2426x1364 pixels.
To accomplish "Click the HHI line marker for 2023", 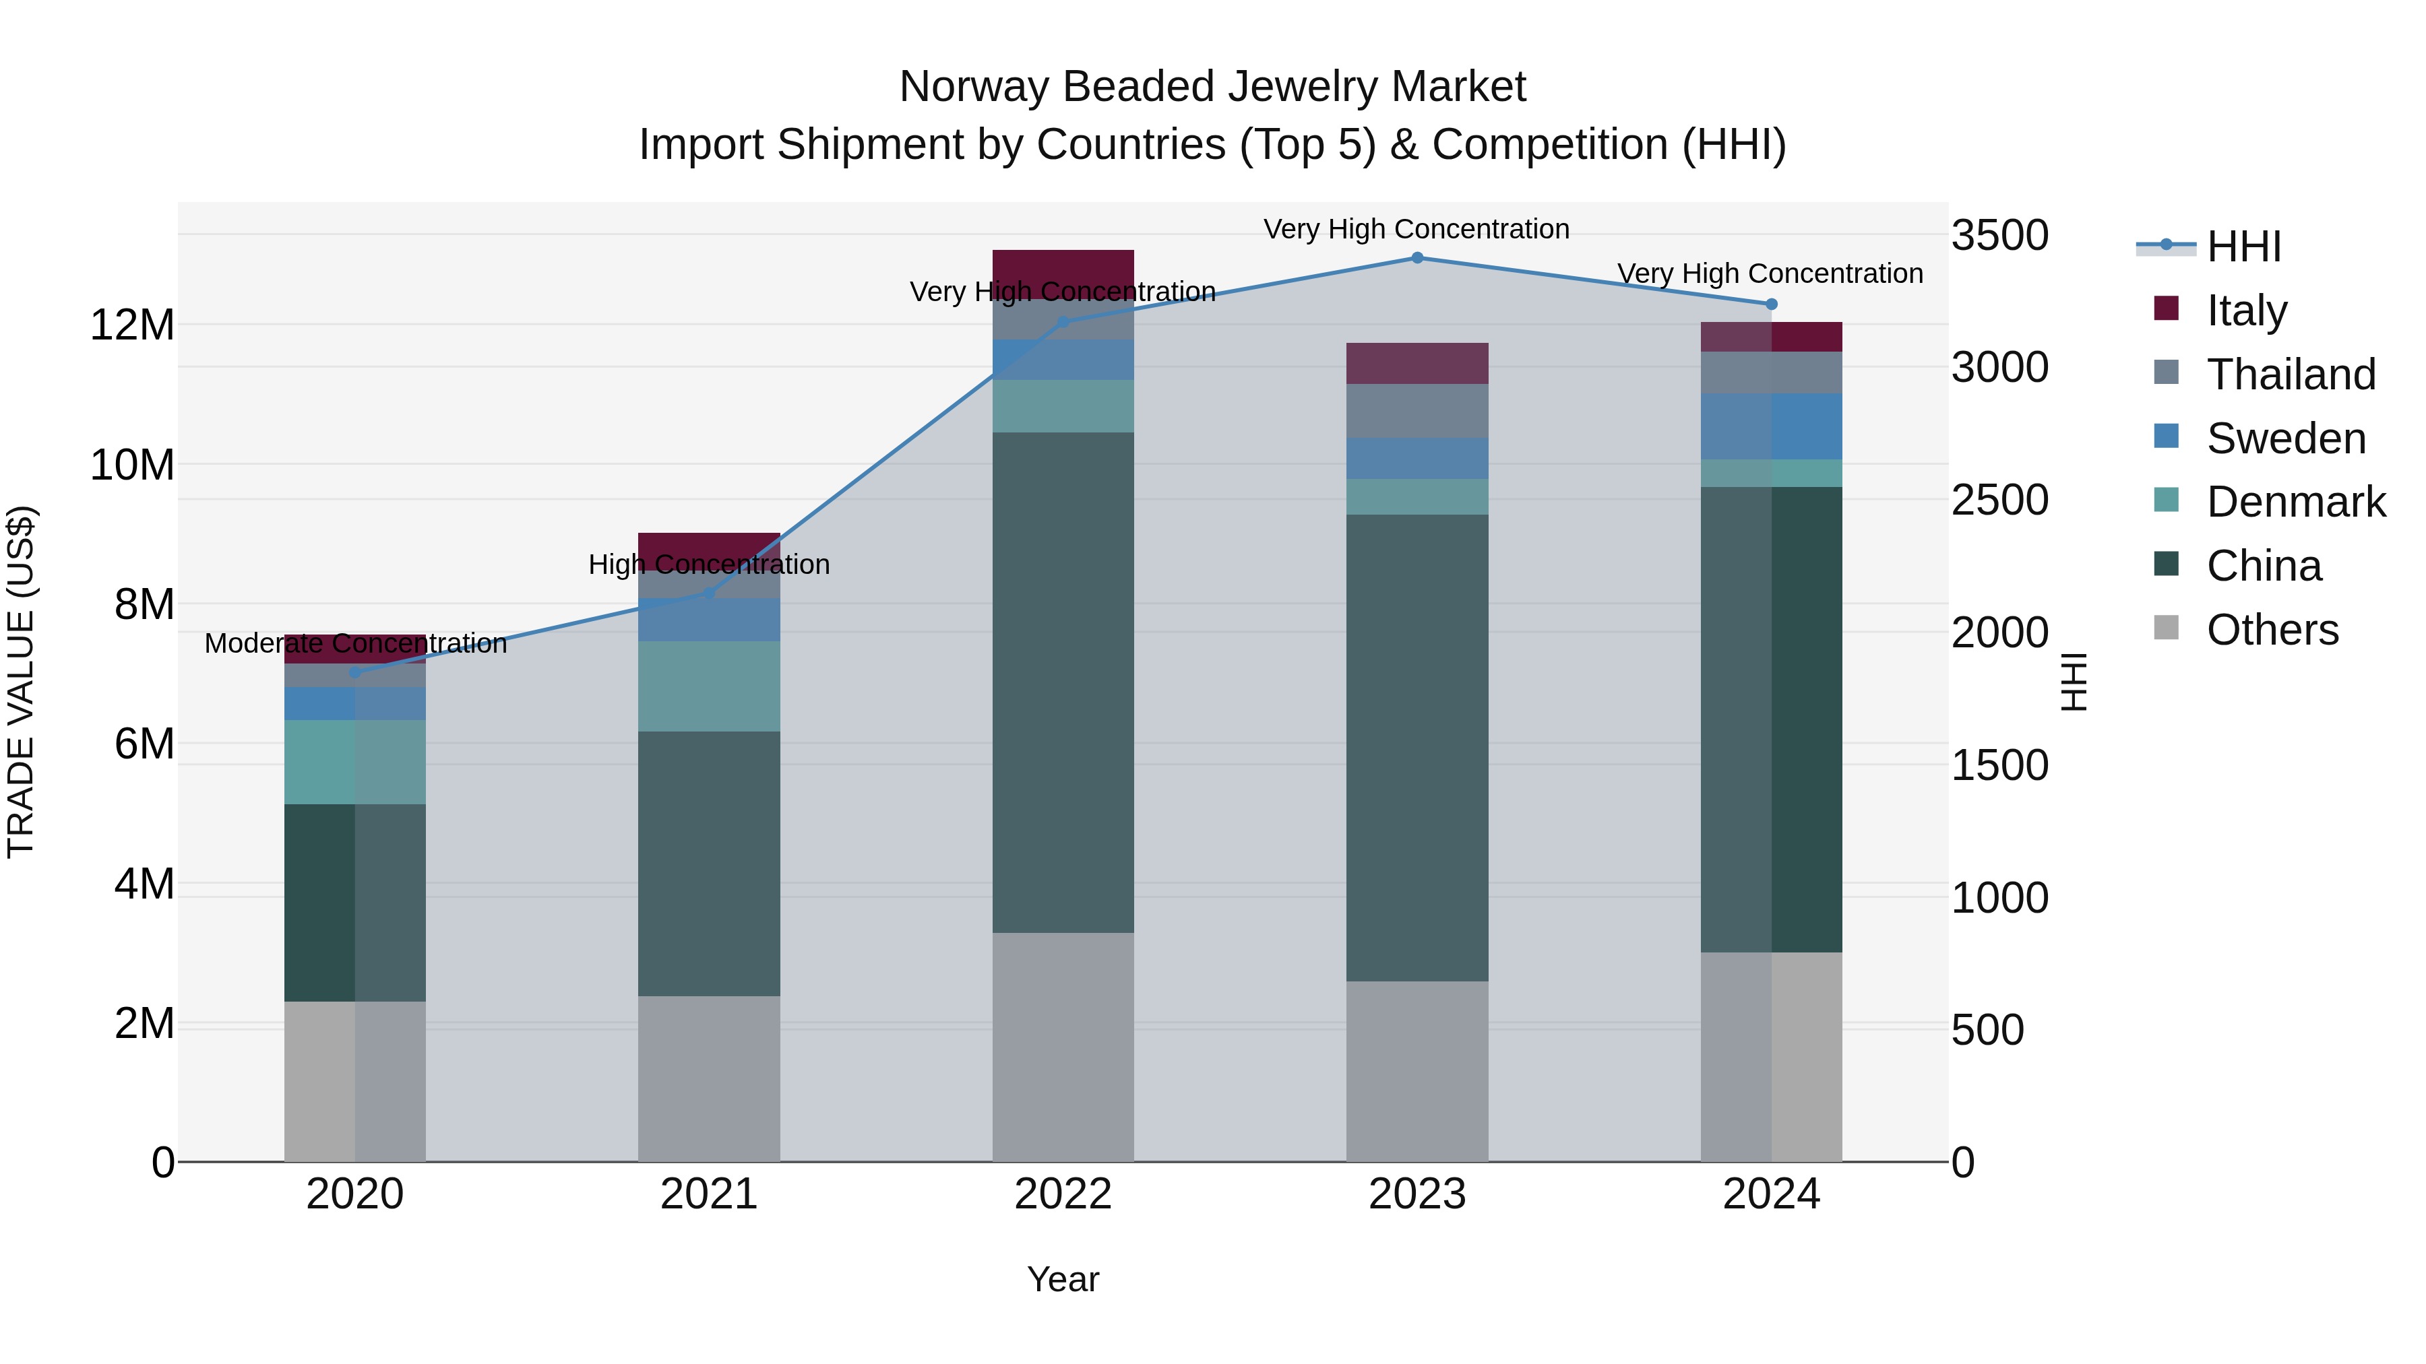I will point(1417,258).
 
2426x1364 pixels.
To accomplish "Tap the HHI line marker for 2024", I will point(1770,304).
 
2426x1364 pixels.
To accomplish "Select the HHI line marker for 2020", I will point(355,673).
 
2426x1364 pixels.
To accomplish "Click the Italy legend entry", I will point(2246,311).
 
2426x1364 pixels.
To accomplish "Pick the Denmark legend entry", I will point(2295,502).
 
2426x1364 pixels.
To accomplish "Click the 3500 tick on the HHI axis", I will point(1999,235).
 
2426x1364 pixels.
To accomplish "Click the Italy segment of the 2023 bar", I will point(1417,363).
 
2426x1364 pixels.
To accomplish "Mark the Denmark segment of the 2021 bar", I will point(708,686).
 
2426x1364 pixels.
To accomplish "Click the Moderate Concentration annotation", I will point(355,644).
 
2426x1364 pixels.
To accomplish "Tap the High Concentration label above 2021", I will point(708,565).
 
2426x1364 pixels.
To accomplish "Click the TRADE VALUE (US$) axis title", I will point(21,682).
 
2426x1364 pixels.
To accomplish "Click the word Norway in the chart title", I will point(974,88).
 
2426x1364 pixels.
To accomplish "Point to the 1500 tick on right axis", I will point(1999,765).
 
